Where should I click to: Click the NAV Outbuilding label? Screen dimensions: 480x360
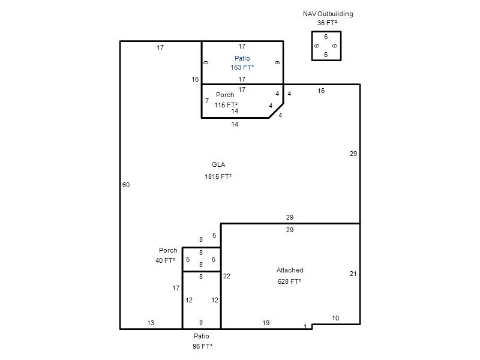coord(328,14)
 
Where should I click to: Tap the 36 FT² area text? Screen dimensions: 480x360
coord(327,23)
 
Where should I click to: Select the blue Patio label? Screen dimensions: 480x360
coord(242,58)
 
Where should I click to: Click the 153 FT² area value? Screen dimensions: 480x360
coord(242,67)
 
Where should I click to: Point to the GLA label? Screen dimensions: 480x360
coord(218,164)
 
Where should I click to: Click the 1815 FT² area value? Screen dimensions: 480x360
coord(218,176)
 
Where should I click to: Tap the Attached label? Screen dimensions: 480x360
coord(290,270)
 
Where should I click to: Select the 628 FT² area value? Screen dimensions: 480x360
coord(289,281)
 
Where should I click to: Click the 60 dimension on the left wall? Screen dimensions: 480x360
coord(126,185)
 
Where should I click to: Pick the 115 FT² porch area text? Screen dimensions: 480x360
coord(226,105)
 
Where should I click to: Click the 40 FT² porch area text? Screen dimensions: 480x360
coord(166,260)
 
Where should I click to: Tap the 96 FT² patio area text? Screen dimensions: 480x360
coord(202,346)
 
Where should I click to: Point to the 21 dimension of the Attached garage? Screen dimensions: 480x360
coord(353,274)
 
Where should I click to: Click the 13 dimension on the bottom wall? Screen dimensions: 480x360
coord(151,323)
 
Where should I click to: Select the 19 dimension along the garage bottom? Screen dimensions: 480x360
coord(266,323)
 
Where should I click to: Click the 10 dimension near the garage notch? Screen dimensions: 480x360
coord(335,318)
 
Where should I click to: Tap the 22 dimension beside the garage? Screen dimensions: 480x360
coord(227,276)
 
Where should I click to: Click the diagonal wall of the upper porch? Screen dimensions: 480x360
coord(276,110)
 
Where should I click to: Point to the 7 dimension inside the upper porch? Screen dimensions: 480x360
coord(207,101)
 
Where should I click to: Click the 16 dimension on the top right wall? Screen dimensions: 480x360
coord(321,91)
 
